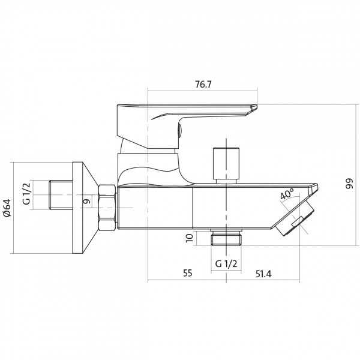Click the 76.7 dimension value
[203, 85]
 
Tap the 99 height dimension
[349, 184]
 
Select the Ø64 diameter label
[7, 208]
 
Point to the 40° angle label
[287, 194]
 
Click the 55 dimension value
[187, 273]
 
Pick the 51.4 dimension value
[263, 274]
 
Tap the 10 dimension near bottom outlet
[189, 238]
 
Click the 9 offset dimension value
[87, 202]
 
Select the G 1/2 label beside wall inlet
[26, 194]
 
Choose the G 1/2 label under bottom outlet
[226, 264]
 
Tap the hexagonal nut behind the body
[107, 208]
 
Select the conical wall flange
[85, 208]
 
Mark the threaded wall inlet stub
[61, 195]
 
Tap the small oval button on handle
[180, 131]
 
